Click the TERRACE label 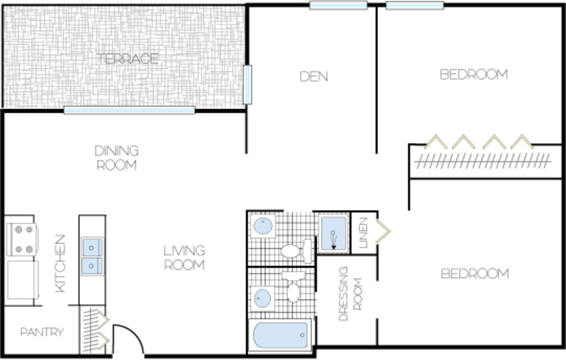pyautogui.click(x=127, y=59)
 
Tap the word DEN pyautogui.click(x=313, y=76)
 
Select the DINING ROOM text pyautogui.click(x=117, y=158)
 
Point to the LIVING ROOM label pyautogui.click(x=185, y=257)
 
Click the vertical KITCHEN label pyautogui.click(x=60, y=263)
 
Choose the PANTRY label pyautogui.click(x=42, y=332)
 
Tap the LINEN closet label pyautogui.click(x=363, y=233)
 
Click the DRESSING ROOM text pyautogui.click(x=350, y=294)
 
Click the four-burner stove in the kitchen pyautogui.click(x=23, y=239)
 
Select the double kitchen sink pyautogui.click(x=92, y=257)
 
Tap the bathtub pyautogui.click(x=280, y=335)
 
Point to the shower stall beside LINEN pyautogui.click(x=333, y=233)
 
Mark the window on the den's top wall pyautogui.click(x=338, y=6)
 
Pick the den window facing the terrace pyautogui.click(x=247, y=85)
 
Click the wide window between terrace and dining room pyautogui.click(x=129, y=110)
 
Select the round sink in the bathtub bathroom pyautogui.click(x=262, y=298)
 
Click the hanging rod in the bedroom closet pyautogui.click(x=483, y=161)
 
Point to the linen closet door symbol pyautogui.click(x=383, y=231)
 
